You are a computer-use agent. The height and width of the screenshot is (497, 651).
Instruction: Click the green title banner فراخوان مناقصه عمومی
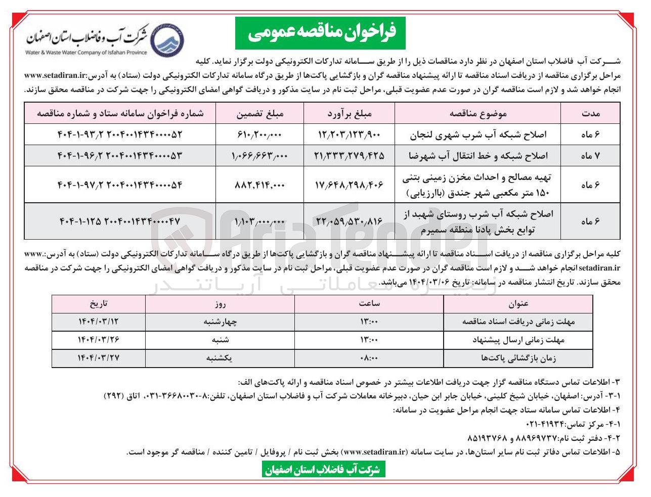click(322, 33)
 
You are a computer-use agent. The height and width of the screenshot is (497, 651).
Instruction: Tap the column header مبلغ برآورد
click(349, 113)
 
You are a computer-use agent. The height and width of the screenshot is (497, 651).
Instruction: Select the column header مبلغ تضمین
click(260, 113)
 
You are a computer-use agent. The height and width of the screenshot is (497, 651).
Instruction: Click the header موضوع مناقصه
click(478, 113)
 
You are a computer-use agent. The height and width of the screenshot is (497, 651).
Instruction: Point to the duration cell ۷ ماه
click(590, 156)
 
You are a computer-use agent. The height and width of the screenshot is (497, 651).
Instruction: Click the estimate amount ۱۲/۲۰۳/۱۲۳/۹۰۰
click(349, 134)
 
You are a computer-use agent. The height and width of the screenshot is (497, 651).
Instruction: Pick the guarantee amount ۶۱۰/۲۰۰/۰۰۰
click(260, 134)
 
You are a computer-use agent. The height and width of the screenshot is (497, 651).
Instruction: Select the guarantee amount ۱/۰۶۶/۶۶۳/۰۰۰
click(260, 156)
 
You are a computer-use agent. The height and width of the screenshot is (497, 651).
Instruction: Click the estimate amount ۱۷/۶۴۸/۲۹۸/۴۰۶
click(349, 185)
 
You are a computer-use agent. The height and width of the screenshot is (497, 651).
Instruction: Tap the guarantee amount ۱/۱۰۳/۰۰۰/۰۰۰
click(260, 221)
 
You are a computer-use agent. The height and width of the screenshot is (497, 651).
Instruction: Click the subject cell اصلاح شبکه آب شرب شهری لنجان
click(478, 134)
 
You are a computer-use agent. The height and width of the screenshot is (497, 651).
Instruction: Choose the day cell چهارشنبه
click(220, 321)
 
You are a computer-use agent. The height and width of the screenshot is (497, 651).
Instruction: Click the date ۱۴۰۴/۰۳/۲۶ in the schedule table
click(99, 339)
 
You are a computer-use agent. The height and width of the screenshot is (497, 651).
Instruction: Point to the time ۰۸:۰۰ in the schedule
click(369, 358)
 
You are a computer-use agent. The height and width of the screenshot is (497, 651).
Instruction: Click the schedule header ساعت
click(369, 303)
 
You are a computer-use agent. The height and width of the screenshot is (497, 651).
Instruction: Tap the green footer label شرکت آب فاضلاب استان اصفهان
click(322, 470)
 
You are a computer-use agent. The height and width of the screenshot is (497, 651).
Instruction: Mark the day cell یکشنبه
click(220, 358)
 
